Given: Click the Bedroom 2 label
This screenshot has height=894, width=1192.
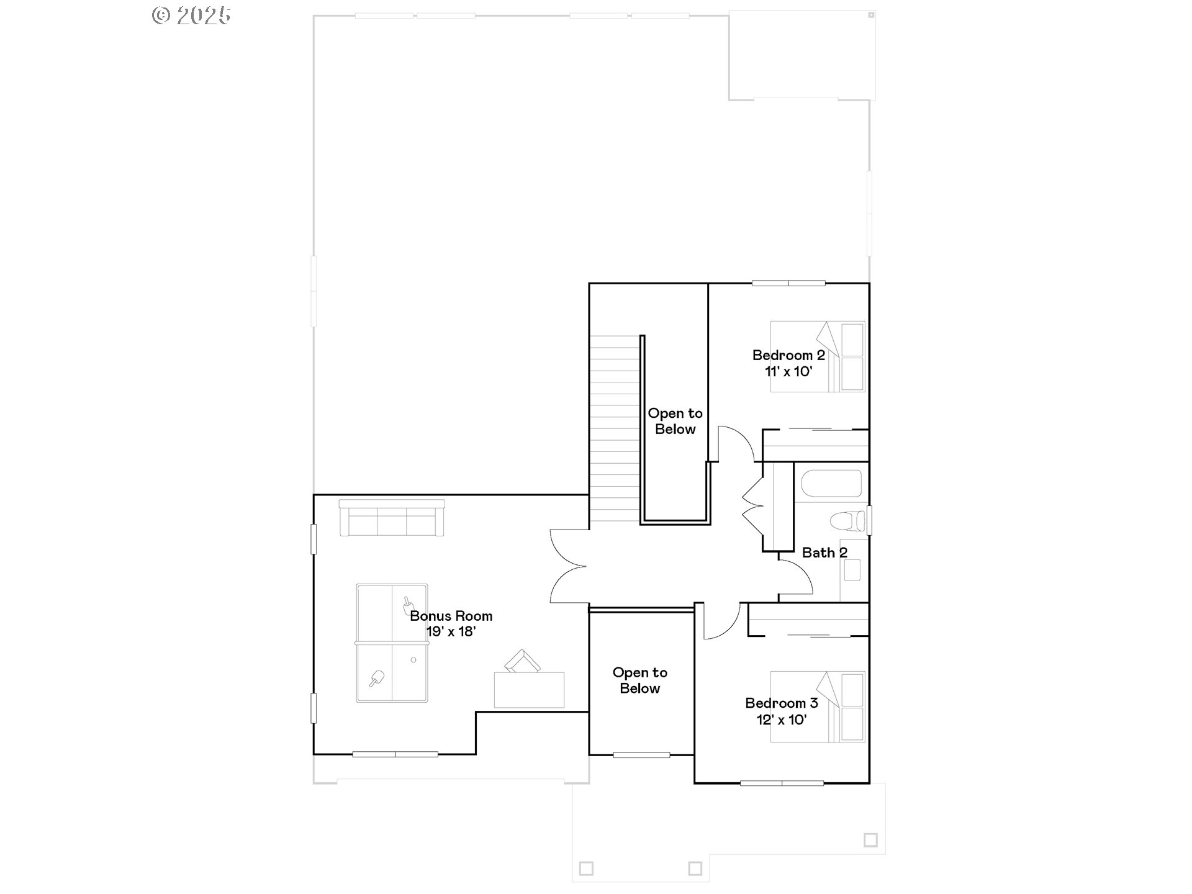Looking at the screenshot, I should [788, 356].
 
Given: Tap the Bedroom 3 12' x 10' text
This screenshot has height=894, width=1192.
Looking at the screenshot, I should [781, 711].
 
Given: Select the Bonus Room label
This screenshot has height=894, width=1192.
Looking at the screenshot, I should [451, 616].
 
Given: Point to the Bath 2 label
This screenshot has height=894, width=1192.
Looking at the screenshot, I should [824, 553].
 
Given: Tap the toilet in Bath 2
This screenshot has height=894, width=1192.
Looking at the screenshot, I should [848, 520].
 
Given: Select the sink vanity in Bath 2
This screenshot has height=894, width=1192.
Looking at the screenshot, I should [852, 570].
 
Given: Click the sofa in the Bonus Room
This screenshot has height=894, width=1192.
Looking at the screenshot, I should [391, 518].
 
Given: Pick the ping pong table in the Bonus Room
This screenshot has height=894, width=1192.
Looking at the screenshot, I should [391, 643].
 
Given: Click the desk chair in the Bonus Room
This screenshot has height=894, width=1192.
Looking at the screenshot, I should [521, 661].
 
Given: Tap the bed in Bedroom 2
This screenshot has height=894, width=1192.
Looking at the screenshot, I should [817, 356].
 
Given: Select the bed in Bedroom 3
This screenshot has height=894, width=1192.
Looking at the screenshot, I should [817, 707].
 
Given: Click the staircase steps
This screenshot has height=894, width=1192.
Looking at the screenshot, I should [614, 428].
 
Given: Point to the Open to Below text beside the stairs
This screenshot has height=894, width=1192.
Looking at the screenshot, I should [675, 422].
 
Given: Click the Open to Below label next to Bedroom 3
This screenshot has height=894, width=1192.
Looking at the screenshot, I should [639, 680].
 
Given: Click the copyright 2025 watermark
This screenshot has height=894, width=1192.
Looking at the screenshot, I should [191, 16].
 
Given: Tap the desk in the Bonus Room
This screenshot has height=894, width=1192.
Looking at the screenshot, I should [529, 690].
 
